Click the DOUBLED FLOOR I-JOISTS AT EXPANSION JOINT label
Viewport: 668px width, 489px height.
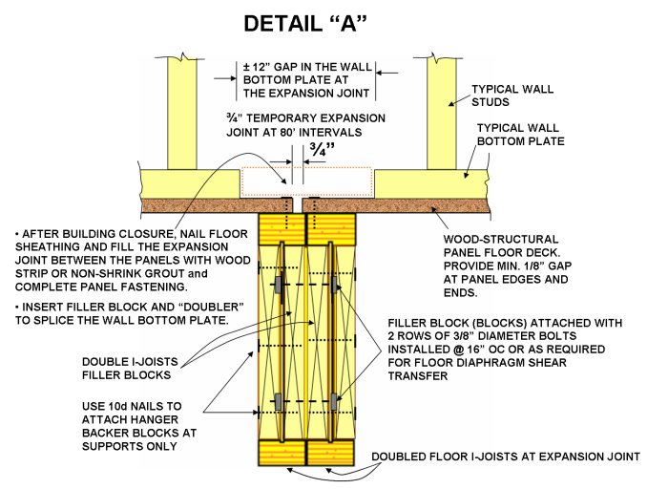[505, 457]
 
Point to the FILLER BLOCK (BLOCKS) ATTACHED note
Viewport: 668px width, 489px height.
[505, 343]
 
